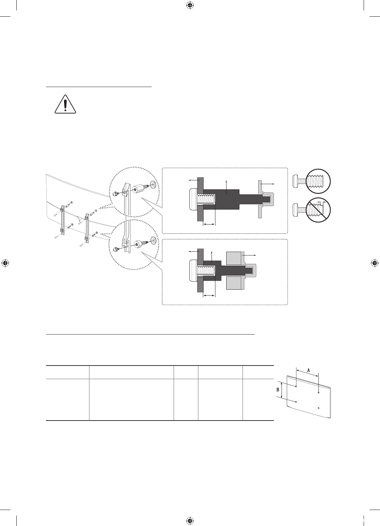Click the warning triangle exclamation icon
(65, 104)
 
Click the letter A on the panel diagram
(309, 370)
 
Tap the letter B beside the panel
(278, 390)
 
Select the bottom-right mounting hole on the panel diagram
(318, 408)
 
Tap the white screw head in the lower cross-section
(193, 270)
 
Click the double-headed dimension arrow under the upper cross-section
(209, 225)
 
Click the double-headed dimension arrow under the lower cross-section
(209, 296)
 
